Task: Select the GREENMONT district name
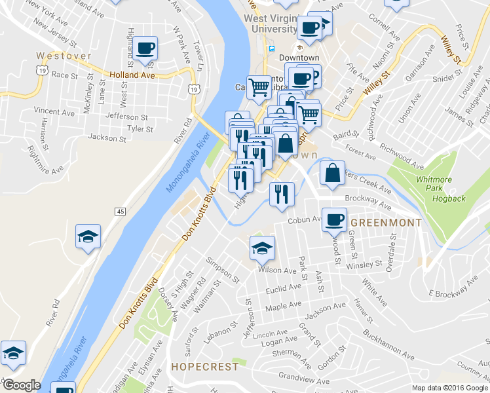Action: (386, 223)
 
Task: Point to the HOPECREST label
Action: (205, 367)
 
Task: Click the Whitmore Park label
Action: (434, 183)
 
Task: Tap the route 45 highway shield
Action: (120, 212)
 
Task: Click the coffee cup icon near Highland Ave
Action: (144, 48)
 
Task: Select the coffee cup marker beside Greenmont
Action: (334, 219)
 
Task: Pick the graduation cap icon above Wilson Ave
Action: (262, 248)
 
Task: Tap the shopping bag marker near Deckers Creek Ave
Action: (332, 174)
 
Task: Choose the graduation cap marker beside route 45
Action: (87, 236)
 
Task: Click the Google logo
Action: (22, 385)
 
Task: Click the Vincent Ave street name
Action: (54, 111)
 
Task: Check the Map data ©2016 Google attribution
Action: (449, 388)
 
